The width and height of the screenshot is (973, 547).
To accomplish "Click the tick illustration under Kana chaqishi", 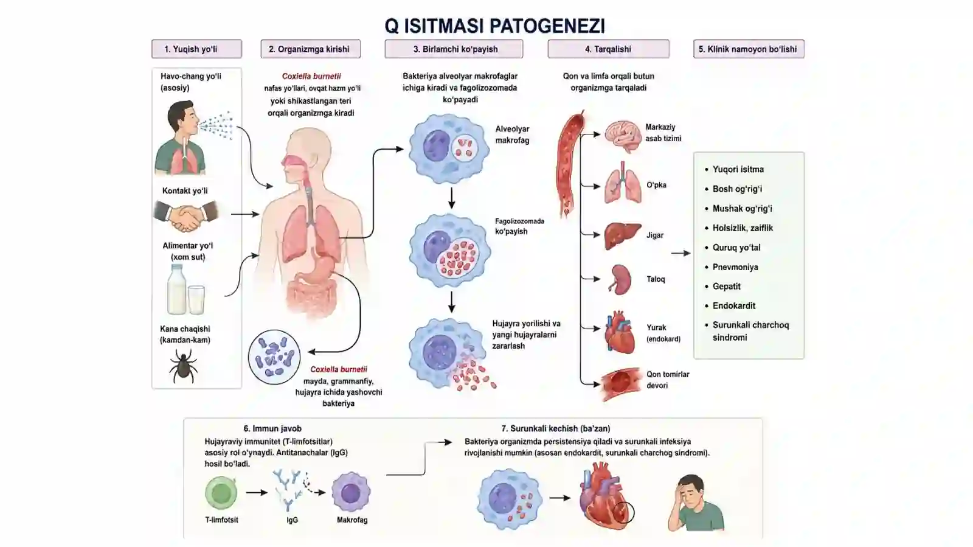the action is coord(183,367).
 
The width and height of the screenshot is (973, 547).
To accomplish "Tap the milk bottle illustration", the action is coord(177,290).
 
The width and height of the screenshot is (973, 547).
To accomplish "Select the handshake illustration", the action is coord(186,215).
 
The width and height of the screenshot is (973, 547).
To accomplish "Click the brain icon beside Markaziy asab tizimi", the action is coord(623,136).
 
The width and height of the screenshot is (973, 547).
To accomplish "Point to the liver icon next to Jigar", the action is coord(623,236).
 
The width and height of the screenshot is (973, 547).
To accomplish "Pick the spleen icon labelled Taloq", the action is coord(620,279).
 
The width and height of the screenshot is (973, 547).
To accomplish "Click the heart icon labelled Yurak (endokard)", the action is coord(620,332).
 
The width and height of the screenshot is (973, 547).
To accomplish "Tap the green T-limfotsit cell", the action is coord(221,493).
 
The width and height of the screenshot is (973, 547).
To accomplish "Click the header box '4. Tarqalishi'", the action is coord(608,49).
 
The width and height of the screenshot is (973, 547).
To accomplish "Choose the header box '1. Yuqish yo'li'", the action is coord(197,49).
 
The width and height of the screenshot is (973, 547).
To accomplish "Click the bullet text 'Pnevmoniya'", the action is coord(735,267).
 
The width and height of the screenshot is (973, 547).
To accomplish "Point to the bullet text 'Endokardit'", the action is coord(733,306).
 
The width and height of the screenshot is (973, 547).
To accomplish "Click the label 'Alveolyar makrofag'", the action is coord(512,134).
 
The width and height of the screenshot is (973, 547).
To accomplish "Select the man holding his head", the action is coord(696,503).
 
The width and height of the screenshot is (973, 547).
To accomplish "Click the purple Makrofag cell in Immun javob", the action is coord(351,493).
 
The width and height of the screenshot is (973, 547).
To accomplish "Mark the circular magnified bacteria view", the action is coord(274,357).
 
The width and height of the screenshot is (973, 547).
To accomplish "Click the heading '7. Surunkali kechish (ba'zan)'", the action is coord(556,428).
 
